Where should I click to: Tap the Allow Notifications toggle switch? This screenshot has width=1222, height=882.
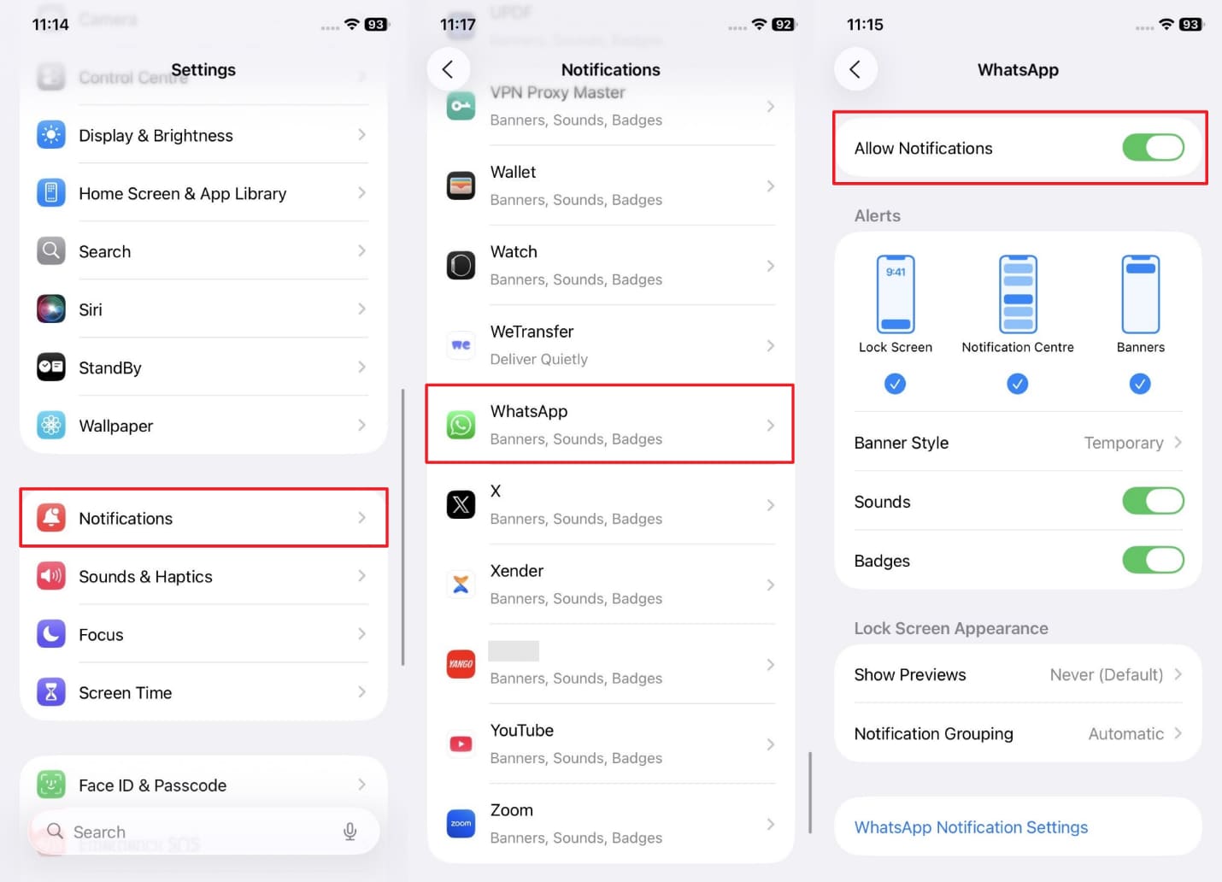(x=1153, y=148)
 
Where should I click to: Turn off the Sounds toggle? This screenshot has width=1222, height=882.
(x=1153, y=502)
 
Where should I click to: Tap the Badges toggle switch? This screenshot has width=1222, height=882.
(x=1153, y=561)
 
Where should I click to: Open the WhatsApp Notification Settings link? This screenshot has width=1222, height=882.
(x=971, y=827)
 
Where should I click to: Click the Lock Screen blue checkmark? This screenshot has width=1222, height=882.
(x=895, y=384)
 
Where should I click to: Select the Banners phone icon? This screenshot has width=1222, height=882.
(x=1140, y=294)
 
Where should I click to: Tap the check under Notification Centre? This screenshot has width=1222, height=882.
(x=1017, y=384)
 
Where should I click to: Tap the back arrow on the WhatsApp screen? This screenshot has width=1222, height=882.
(x=855, y=69)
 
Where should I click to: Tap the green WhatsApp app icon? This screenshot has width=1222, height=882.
(x=461, y=425)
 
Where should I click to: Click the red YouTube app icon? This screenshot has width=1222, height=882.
(x=461, y=744)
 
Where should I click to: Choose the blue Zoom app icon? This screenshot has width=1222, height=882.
(x=461, y=824)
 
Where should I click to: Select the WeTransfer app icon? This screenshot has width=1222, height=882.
(x=461, y=345)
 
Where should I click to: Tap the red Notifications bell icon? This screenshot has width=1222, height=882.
(x=51, y=518)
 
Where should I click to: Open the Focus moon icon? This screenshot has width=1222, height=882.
(x=51, y=634)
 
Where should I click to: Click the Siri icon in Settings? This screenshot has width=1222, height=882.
(x=51, y=309)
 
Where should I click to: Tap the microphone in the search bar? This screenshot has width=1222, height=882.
(x=350, y=832)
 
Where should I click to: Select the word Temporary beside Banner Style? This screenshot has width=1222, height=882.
(x=1123, y=443)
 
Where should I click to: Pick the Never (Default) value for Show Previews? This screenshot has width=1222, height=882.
(x=1106, y=675)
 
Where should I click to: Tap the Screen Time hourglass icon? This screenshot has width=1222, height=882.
(x=51, y=692)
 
